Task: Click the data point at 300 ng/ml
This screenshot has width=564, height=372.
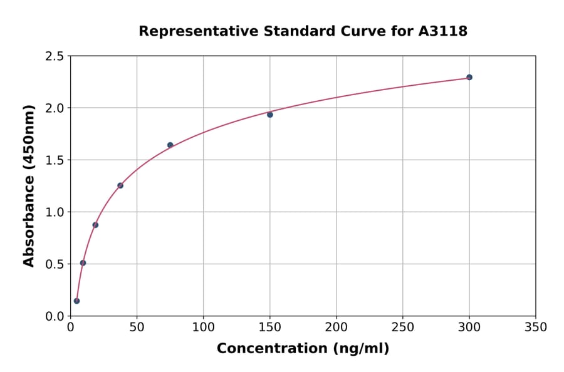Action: pyautogui.click(x=469, y=77)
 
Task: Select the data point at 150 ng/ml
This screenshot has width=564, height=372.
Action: pyautogui.click(x=270, y=115)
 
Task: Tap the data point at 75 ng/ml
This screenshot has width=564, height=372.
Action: pyautogui.click(x=170, y=145)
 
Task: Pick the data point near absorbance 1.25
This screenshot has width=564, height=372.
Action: pyautogui.click(x=120, y=185)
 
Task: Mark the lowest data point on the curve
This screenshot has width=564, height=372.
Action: pyautogui.click(x=76, y=301)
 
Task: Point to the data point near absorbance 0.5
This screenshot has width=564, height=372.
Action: pyautogui.click(x=83, y=263)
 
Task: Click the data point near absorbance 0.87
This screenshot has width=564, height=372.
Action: pyautogui.click(x=95, y=225)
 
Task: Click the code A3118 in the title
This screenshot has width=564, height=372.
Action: pyautogui.click(x=443, y=31)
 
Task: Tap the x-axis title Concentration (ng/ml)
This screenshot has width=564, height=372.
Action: pyautogui.click(x=303, y=348)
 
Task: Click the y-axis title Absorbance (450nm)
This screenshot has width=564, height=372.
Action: pyautogui.click(x=29, y=185)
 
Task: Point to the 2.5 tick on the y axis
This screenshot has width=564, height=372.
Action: pyautogui.click(x=55, y=56)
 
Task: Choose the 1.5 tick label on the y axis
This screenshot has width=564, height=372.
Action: pyautogui.click(x=55, y=160)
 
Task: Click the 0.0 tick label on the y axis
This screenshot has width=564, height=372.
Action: pyautogui.click(x=55, y=316)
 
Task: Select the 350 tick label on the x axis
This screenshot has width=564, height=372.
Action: pyautogui.click(x=536, y=327)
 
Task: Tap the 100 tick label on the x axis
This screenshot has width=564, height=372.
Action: pyautogui.click(x=203, y=327)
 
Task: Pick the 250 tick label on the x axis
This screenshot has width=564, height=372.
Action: pyautogui.click(x=402, y=327)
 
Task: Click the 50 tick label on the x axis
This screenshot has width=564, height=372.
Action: pyautogui.click(x=137, y=327)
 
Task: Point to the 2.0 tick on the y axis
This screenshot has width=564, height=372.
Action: pyautogui.click(x=55, y=108)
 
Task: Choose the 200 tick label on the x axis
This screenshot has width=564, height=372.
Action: pyautogui.click(x=336, y=327)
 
